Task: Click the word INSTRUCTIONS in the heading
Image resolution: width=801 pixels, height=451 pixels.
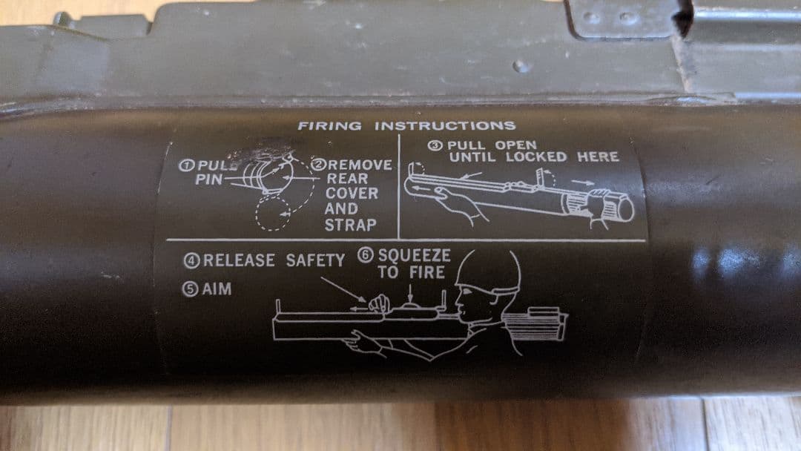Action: (x=445, y=125)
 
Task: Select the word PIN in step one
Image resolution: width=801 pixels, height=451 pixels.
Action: (x=210, y=180)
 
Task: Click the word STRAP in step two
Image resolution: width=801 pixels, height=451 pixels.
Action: (x=352, y=224)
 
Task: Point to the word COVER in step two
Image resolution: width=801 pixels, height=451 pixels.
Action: (x=352, y=194)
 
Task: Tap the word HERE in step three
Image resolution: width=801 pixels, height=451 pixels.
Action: (x=599, y=157)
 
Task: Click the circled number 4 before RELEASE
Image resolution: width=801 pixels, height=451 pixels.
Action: (x=191, y=260)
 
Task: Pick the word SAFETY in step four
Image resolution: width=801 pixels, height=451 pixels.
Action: (x=316, y=260)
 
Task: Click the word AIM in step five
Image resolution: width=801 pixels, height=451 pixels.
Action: (x=217, y=289)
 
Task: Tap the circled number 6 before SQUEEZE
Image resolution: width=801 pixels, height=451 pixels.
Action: (x=365, y=254)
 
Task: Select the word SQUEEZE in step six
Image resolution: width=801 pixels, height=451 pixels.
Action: (x=414, y=254)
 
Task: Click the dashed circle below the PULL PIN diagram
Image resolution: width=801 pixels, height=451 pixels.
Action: (x=268, y=214)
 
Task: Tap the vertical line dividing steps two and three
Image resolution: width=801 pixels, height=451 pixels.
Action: (x=399, y=185)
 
